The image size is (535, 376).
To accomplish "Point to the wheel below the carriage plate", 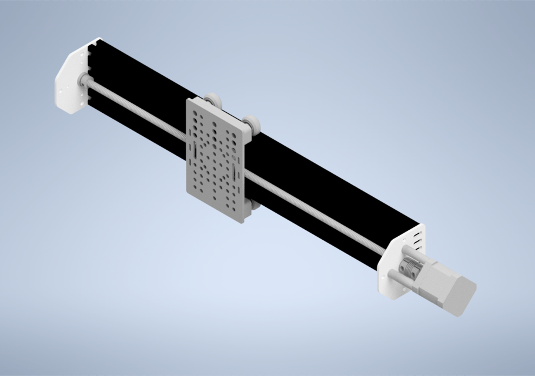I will pyautogui.click(x=255, y=204).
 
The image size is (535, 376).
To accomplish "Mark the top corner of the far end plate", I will pyautogui.click(x=97, y=39).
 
